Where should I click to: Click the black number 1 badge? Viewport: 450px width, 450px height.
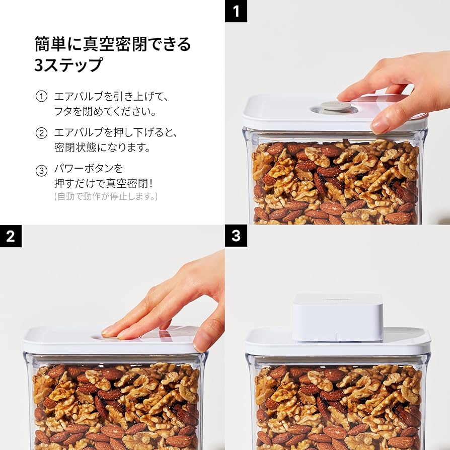coord(236,11)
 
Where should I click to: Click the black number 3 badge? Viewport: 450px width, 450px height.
coord(236,236)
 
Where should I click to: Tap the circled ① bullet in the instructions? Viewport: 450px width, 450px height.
coord(41,96)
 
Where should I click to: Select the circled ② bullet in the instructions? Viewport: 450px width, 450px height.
coord(41,133)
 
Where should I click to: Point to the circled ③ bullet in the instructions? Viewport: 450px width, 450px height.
coord(41,171)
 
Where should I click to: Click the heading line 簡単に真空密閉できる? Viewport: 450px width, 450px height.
coord(113,44)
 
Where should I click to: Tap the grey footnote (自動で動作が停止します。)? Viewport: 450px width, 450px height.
coord(106,196)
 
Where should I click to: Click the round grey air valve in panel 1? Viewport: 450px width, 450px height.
coord(336,106)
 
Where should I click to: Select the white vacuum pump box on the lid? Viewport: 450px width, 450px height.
coord(338,317)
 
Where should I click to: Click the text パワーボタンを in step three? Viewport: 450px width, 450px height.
coord(89,168)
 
